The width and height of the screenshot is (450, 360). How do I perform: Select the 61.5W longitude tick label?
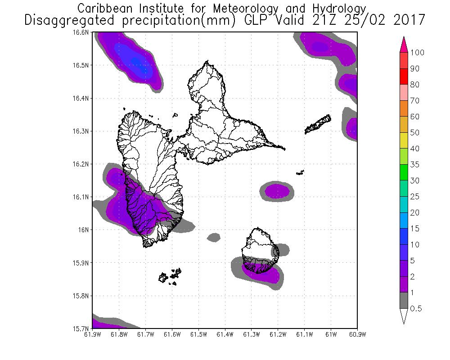198,335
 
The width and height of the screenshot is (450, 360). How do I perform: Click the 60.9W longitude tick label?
357,335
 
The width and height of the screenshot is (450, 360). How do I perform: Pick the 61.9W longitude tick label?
93,335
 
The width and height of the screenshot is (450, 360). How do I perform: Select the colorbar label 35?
414,165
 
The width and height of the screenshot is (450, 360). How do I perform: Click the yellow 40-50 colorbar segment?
404,140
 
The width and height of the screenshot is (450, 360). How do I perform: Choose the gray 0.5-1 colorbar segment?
404,301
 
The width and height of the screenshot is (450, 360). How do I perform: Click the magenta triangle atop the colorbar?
404,45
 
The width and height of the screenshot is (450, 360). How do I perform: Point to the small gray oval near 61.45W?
213,237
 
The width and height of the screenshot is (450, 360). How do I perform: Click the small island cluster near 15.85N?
170,276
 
